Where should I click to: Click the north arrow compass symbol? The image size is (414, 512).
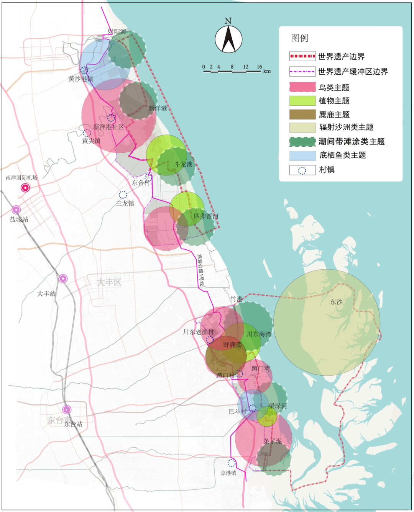(228, 39)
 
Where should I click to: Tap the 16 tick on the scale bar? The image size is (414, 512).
(260, 67)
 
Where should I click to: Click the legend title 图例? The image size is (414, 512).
(299, 38)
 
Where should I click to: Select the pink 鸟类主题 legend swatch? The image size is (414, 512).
(302, 87)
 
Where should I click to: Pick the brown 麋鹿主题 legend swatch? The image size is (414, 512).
(302, 114)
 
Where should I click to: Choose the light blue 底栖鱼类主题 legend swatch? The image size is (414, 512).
(302, 155)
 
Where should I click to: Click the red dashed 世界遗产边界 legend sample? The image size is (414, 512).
(302, 56)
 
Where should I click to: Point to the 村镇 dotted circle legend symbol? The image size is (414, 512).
(302, 170)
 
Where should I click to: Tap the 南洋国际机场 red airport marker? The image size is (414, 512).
(25, 188)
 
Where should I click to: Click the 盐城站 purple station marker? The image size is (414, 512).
(16, 210)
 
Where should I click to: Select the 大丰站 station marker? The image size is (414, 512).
(63, 279)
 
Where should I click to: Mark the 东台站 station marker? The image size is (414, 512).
(67, 410)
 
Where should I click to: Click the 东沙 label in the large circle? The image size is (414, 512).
(336, 302)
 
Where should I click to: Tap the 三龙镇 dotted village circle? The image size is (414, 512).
(123, 195)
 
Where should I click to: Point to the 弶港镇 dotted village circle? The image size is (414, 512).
(232, 463)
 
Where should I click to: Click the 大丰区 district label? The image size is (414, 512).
(109, 282)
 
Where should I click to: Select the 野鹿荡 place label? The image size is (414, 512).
(232, 345)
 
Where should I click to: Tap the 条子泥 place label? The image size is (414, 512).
(273, 441)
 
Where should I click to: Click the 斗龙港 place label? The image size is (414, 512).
(183, 164)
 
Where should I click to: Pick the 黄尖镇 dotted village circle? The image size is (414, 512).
(87, 133)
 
